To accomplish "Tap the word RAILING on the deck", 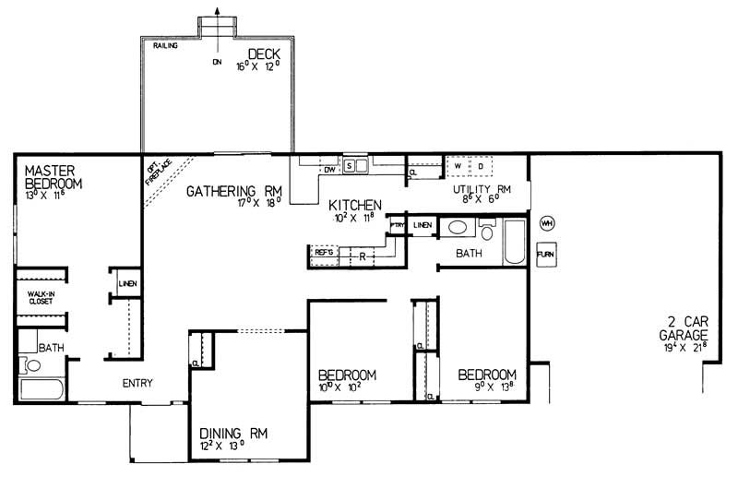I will pyautogui.click(x=165, y=45).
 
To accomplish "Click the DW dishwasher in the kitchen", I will pyautogui.click(x=329, y=169).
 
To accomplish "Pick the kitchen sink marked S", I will pyautogui.click(x=351, y=166).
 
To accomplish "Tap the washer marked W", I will pyautogui.click(x=458, y=166).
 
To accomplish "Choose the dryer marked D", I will pyautogui.click(x=480, y=166).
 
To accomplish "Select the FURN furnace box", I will pyautogui.click(x=546, y=253).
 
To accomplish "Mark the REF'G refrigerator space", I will pyautogui.click(x=324, y=252).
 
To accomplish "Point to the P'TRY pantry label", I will pyautogui.click(x=398, y=224).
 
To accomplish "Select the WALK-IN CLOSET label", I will pyautogui.click(x=39, y=296).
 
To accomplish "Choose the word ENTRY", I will pyautogui.click(x=137, y=384).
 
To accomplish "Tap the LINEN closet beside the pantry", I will pyautogui.click(x=423, y=224).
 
